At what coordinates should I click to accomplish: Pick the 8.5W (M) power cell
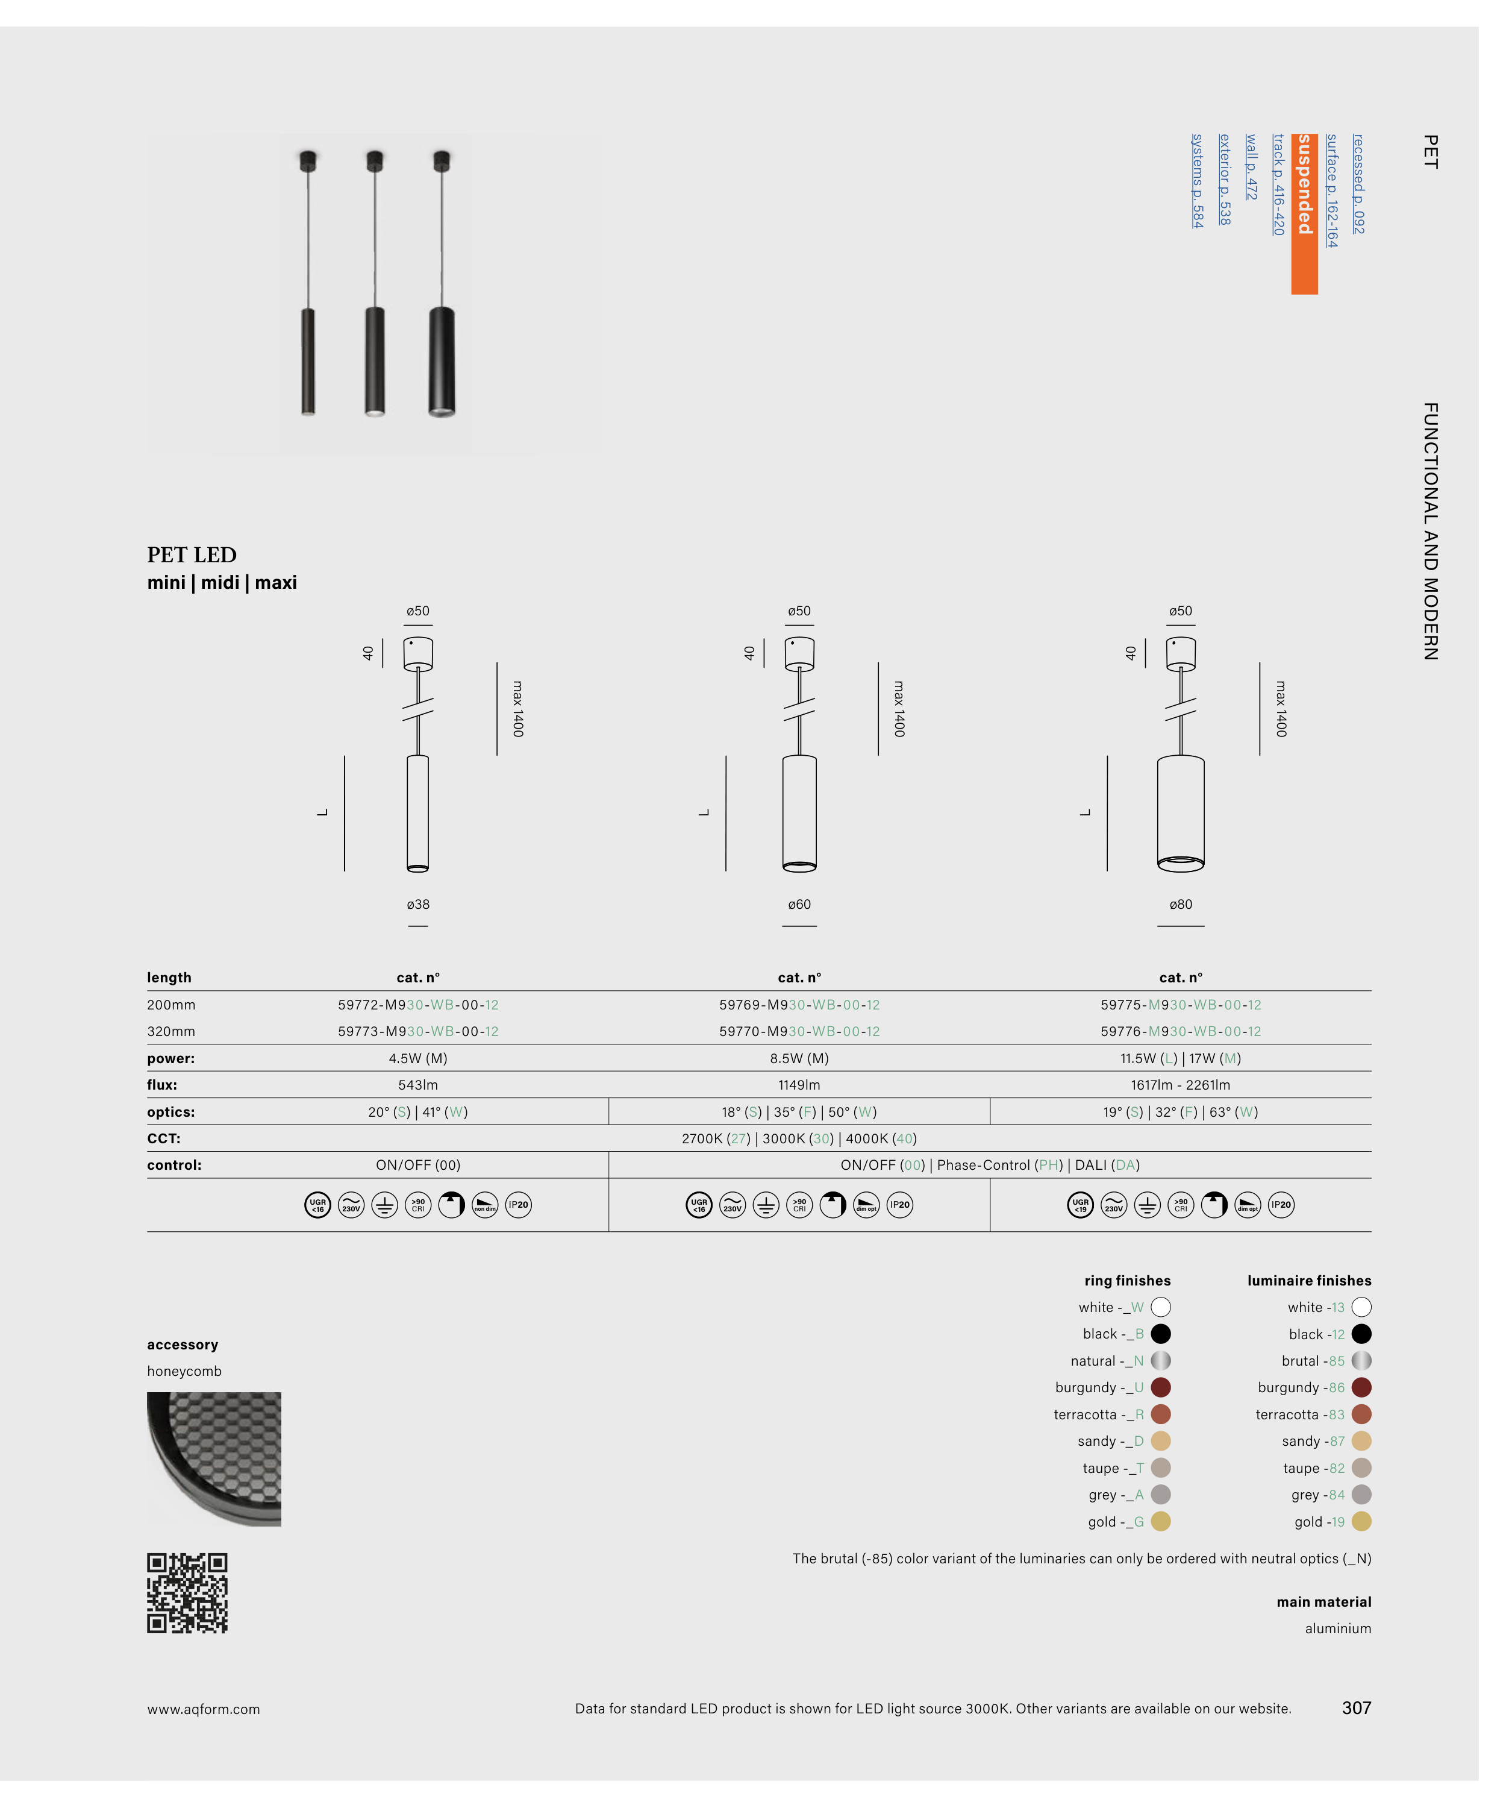point(799,1058)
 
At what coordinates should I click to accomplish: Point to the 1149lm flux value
point(799,1085)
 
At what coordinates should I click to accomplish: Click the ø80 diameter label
point(1180,904)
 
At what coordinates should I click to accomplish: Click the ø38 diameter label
point(417,904)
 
